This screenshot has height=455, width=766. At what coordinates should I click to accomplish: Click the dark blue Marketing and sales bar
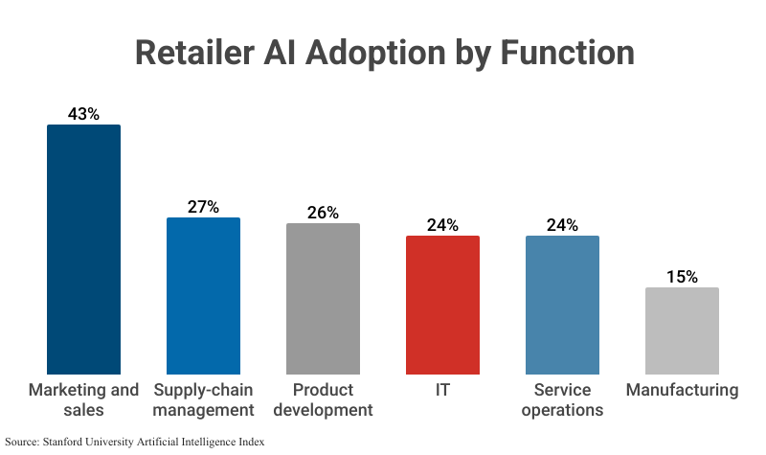[83, 249]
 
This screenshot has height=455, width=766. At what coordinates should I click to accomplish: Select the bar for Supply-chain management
[203, 295]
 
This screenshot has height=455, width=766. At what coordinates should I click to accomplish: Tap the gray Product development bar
[323, 298]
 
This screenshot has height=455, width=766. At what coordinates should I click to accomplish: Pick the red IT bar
[442, 305]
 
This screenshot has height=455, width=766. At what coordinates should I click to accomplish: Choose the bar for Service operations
[562, 305]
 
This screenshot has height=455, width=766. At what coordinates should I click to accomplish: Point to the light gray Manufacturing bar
[682, 330]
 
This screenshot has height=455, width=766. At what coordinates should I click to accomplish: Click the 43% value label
[83, 113]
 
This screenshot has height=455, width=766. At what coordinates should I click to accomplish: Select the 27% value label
[203, 206]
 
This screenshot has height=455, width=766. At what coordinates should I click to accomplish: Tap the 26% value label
[323, 213]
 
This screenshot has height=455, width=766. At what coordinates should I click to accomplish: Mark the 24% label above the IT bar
[442, 225]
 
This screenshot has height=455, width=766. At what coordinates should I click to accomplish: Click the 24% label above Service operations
[562, 225]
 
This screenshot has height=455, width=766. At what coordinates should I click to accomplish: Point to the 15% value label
[682, 277]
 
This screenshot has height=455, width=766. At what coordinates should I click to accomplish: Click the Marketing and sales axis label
[83, 400]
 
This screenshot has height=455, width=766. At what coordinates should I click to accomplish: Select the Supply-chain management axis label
[203, 400]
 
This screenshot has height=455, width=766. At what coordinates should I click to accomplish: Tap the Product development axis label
[323, 400]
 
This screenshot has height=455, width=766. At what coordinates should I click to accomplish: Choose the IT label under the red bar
[442, 391]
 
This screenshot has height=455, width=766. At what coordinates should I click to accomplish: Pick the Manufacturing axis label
[682, 391]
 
